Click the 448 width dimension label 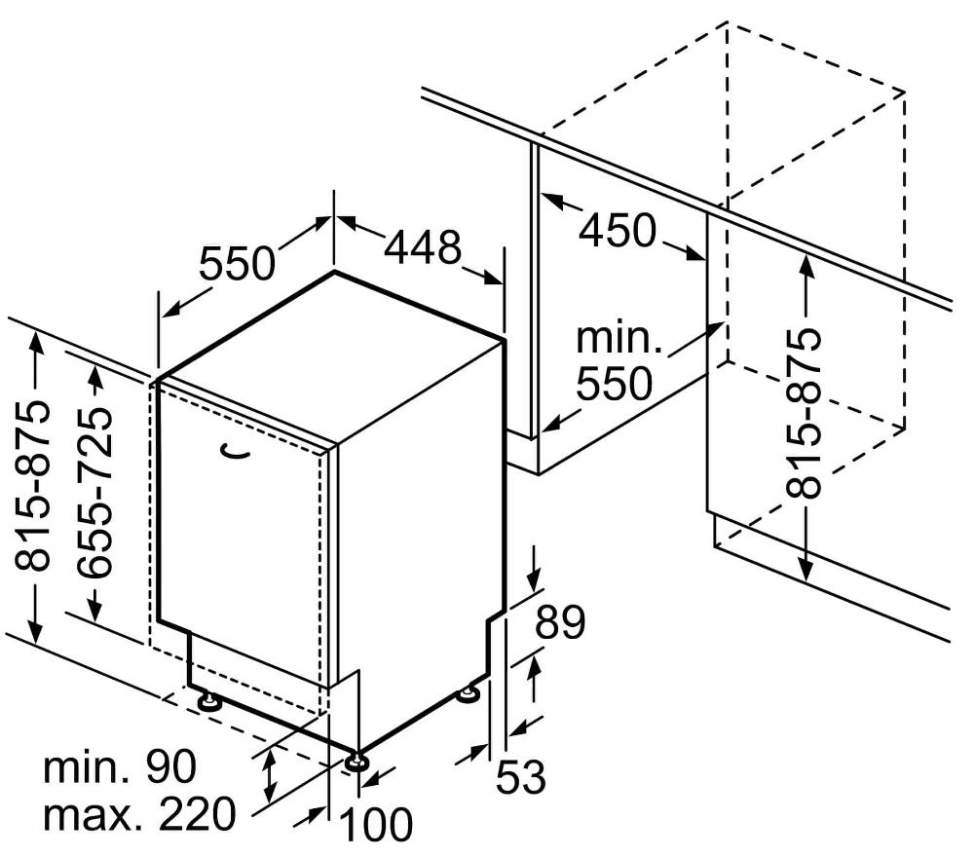coord(424,247)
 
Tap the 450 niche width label coord(618,230)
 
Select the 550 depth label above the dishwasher coord(237,263)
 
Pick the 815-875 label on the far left coord(31,486)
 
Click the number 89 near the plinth coord(560,622)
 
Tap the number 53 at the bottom coord(521,776)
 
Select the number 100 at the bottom coord(377,825)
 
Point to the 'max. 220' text coord(140,814)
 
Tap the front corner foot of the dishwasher coord(356,762)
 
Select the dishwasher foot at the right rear coord(468,694)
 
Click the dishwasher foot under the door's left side coord(208,701)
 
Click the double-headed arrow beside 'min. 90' coord(270,775)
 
